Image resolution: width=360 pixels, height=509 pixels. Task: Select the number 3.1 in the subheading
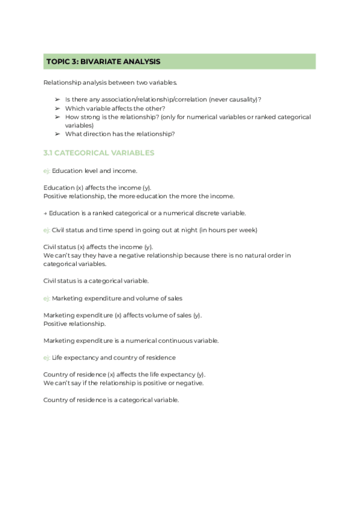tap(50, 153)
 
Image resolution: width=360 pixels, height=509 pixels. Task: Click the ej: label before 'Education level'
tap(47, 171)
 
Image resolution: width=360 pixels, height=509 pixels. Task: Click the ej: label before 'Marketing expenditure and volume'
tap(47, 298)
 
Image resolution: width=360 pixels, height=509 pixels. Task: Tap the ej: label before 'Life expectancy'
tap(47, 357)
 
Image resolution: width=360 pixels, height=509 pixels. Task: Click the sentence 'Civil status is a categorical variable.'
tap(97, 280)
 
